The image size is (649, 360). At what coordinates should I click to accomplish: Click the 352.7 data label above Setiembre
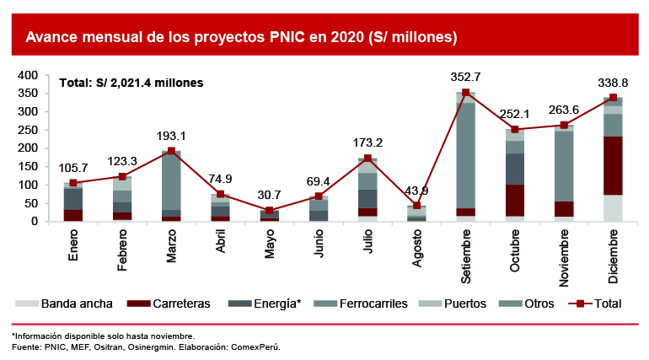466,78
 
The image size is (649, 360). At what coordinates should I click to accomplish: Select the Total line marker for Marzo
171,151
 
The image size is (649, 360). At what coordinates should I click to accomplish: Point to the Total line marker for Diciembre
613,98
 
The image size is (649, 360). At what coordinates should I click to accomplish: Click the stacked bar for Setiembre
466,157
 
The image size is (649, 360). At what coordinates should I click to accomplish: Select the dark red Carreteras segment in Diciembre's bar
613,165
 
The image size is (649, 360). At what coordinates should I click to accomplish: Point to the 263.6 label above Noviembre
565,109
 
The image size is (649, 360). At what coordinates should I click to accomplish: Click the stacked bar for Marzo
171,186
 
